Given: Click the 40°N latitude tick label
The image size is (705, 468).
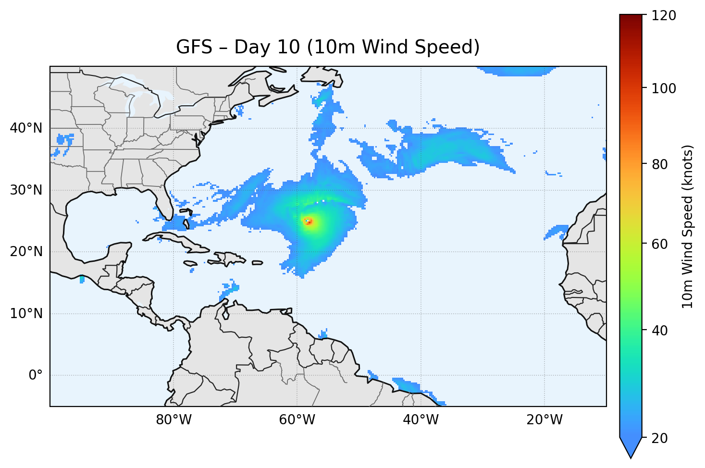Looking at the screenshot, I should (26, 128).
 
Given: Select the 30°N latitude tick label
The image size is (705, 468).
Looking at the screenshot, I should (26, 190).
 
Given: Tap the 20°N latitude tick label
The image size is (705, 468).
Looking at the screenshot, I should (26, 252).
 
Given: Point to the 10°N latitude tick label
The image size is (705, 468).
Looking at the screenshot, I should (26, 314).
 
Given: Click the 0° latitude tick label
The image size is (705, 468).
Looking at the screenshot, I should (36, 375).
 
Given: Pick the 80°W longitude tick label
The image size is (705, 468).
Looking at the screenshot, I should (173, 420).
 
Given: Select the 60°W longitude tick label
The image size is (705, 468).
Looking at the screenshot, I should (297, 420).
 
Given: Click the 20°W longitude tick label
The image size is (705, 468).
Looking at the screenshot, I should (544, 420).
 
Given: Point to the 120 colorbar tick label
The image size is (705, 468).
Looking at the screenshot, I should (664, 16).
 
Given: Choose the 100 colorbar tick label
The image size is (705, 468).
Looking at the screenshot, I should (664, 88).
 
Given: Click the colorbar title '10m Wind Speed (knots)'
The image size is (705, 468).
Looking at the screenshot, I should (688, 226).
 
